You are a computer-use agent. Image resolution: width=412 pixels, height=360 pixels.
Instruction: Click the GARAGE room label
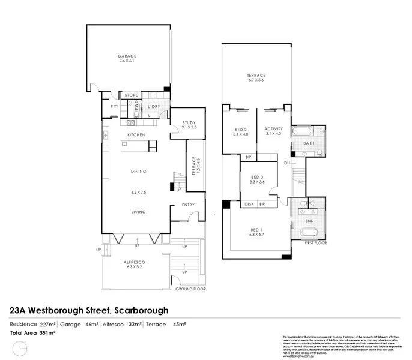[127, 56]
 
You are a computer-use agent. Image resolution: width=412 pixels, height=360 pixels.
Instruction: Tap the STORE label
[131, 95]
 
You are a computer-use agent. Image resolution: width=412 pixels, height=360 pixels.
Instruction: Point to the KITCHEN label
[136, 135]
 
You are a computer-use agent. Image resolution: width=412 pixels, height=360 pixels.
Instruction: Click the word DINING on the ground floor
[139, 172]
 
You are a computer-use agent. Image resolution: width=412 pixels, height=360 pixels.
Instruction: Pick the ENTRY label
[188, 205]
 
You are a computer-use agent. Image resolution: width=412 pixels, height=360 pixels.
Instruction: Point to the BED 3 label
[258, 176]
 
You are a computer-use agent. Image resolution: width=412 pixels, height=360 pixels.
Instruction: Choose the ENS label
[309, 221]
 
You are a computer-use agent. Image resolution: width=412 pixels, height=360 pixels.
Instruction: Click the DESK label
[249, 204]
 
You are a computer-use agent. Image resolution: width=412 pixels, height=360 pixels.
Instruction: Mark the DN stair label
[287, 163]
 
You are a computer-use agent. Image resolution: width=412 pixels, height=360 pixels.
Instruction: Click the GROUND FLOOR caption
[190, 289]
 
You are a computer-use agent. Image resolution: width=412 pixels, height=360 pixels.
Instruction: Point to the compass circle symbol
[20, 347]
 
